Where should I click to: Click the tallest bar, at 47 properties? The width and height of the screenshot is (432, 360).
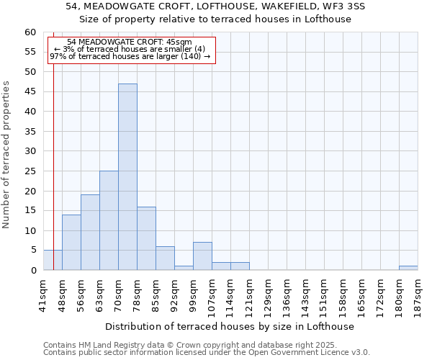point(127,177)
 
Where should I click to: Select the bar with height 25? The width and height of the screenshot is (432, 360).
point(109,220)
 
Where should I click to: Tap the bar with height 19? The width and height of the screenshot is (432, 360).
point(90,233)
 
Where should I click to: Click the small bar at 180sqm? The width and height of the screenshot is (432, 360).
point(408,268)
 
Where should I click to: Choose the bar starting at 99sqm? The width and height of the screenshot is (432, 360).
point(202,256)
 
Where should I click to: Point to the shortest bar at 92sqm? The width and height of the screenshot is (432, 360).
point(184,268)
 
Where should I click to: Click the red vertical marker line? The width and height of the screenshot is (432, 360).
point(53,180)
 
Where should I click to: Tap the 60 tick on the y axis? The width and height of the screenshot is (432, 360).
point(30,32)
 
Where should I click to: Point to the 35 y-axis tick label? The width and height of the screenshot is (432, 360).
point(30,132)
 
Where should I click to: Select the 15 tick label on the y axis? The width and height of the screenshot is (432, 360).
point(30,211)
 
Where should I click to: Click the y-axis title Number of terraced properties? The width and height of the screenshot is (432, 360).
point(6,154)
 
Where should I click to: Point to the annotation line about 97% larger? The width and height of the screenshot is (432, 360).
point(130,56)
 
